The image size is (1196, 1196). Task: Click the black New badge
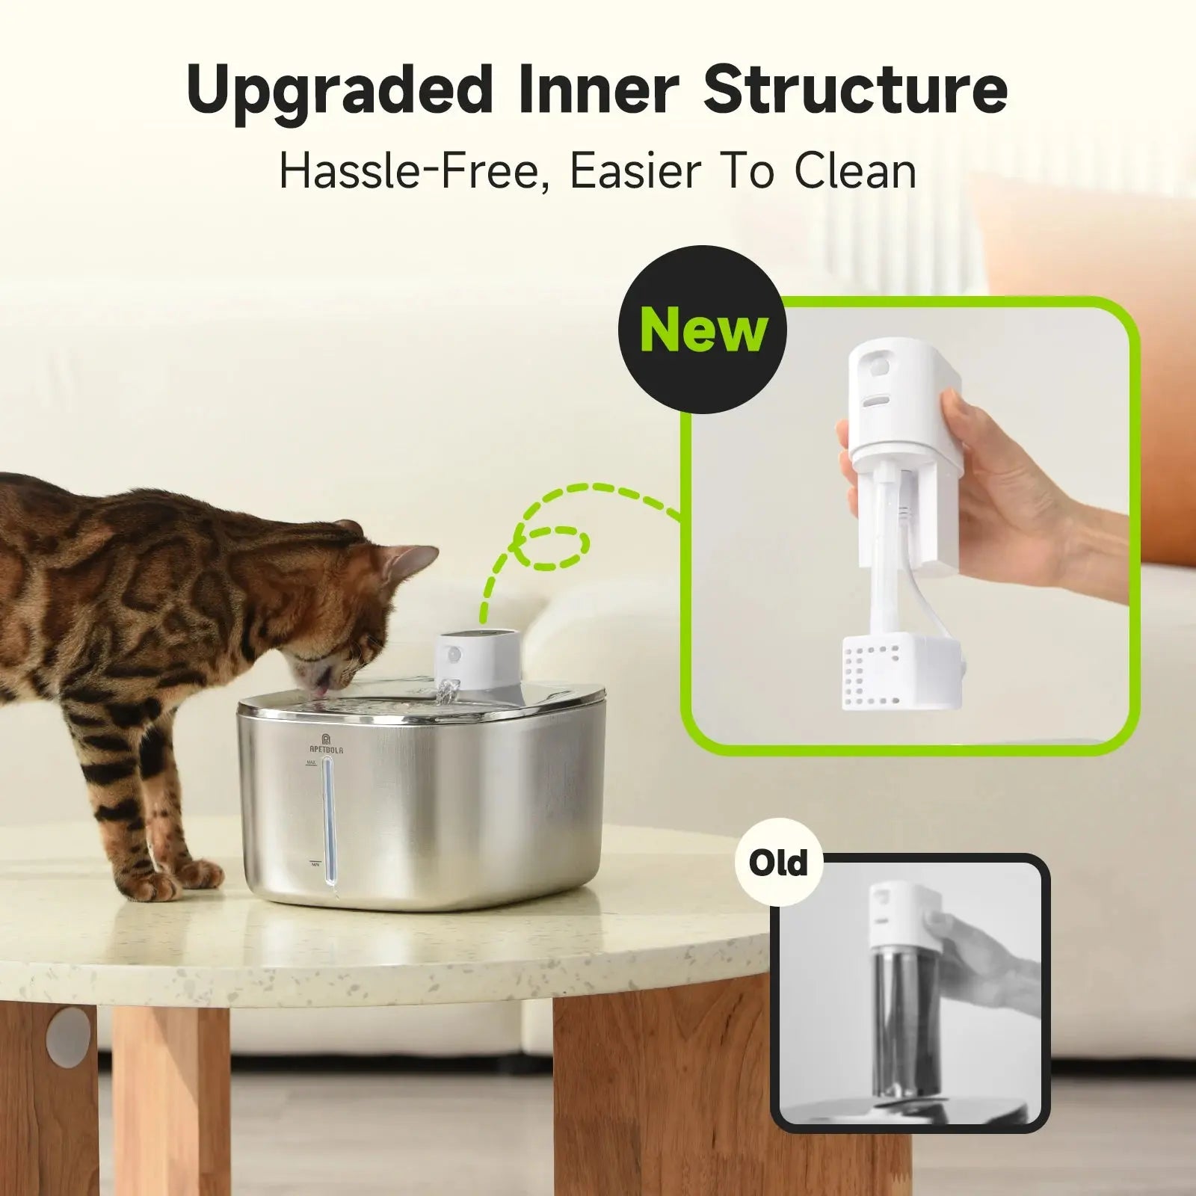coord(703,330)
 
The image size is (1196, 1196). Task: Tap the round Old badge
coord(778,863)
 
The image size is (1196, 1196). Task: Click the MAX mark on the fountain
coord(310,763)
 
